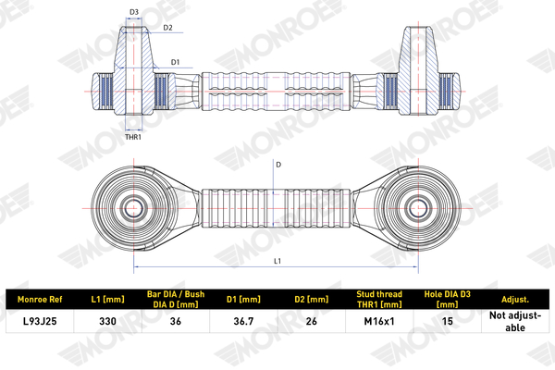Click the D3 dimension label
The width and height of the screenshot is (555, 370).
pos(134,12)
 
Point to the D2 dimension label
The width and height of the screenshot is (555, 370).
pos(167,28)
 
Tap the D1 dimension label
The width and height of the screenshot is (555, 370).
pos(175,61)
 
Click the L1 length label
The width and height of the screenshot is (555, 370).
pos(277,262)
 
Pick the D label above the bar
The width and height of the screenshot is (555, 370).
pos(277,165)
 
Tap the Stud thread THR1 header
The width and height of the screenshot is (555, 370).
pos(377,300)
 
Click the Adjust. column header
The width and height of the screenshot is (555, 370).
pos(514,300)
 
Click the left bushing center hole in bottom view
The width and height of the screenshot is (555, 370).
pos(131,204)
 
